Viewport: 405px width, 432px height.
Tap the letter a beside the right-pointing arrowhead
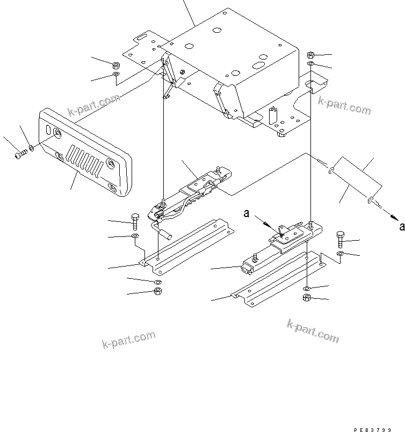401,227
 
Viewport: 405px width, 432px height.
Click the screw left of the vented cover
20,154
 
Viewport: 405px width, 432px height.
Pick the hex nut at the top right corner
311,55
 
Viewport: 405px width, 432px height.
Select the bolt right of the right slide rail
341,238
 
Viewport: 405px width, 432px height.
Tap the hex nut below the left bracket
158,292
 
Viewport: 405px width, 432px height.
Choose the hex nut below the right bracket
307,298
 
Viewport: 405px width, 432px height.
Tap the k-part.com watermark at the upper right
344,105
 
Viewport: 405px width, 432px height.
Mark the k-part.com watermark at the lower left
129,340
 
